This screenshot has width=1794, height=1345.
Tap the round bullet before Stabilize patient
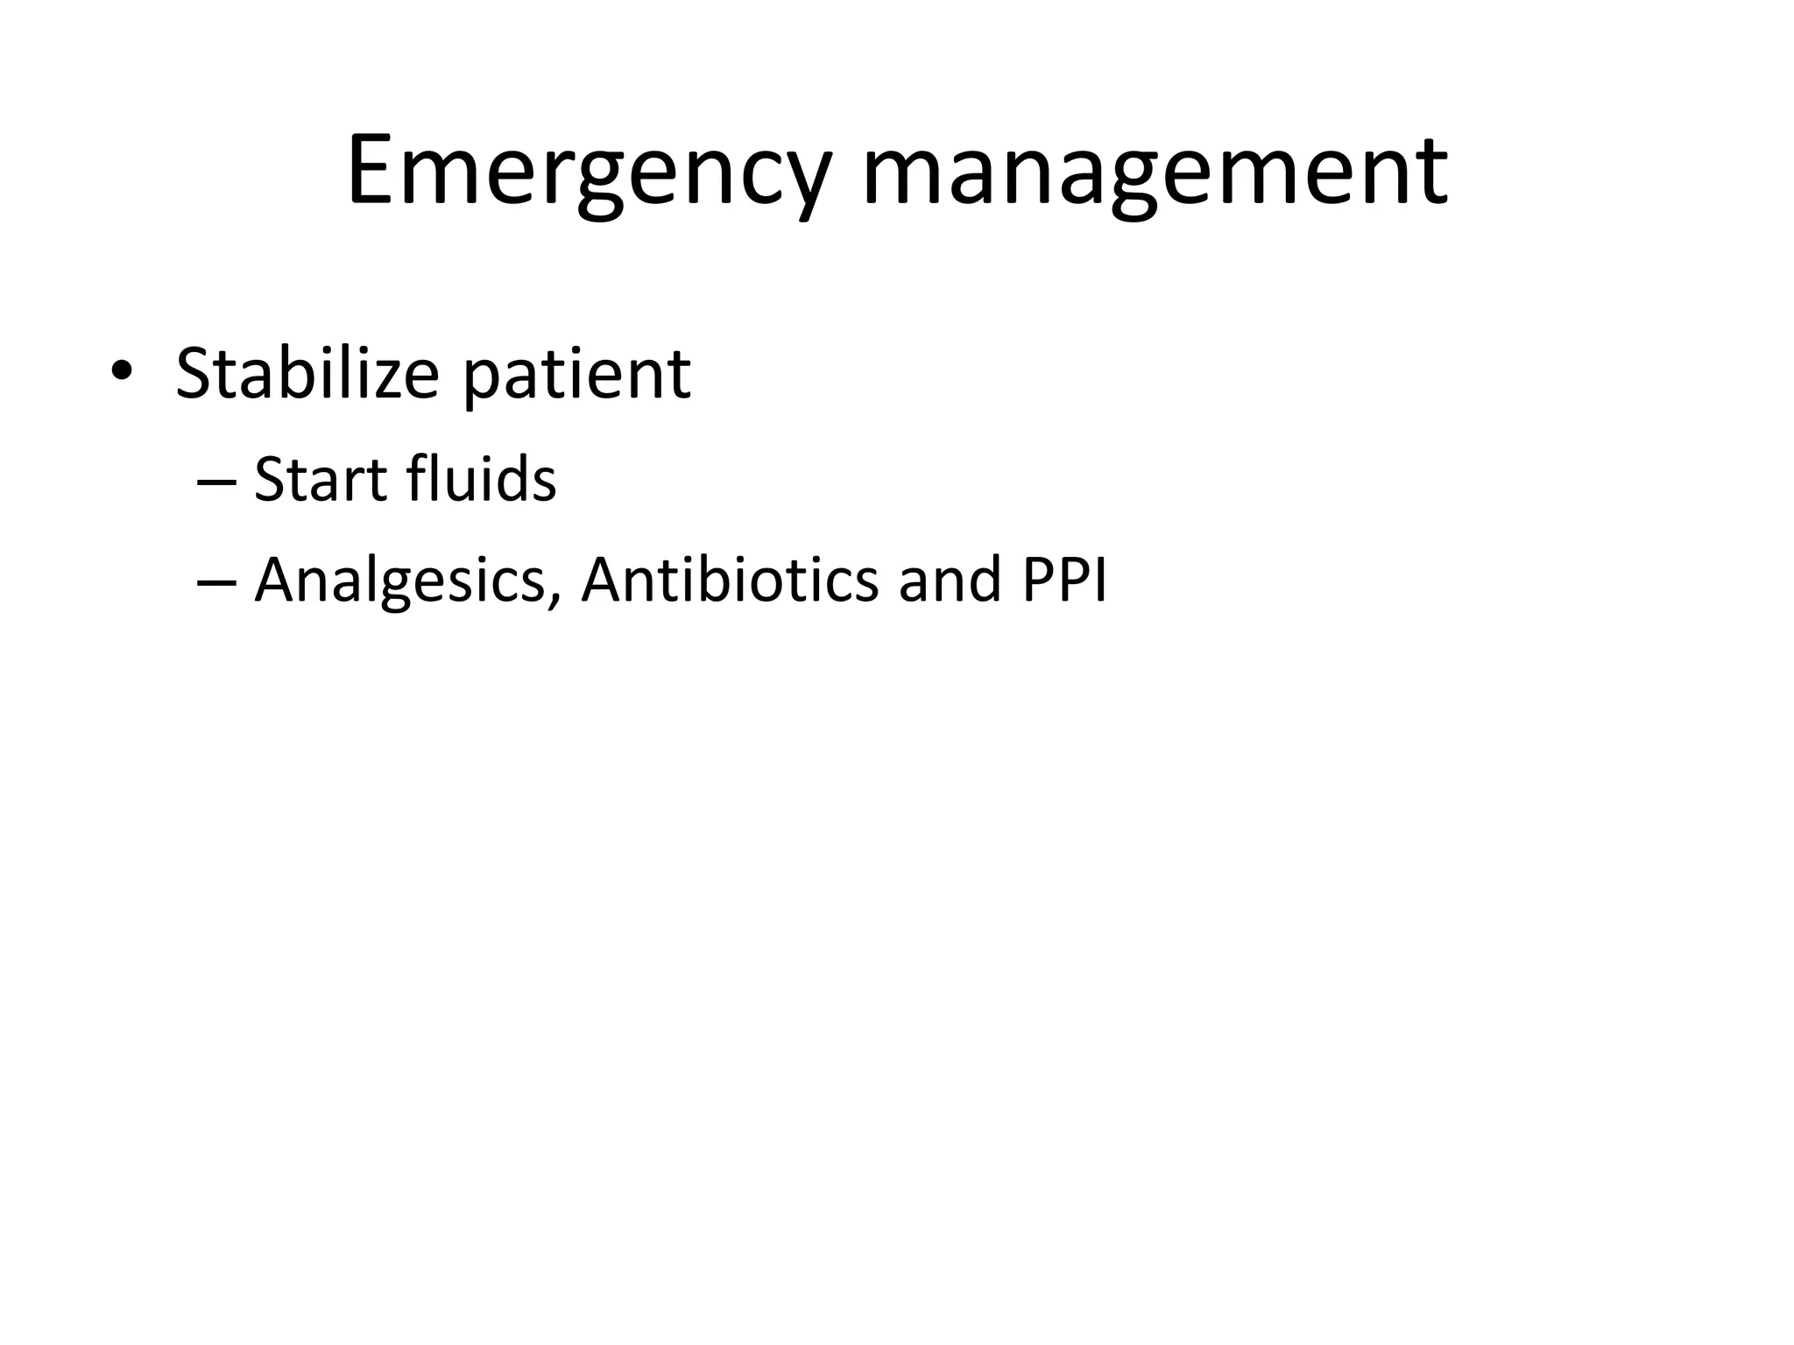(x=121, y=372)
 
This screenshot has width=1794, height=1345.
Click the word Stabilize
(x=307, y=374)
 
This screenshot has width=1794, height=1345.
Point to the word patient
(x=576, y=377)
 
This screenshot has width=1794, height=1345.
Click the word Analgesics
(x=399, y=581)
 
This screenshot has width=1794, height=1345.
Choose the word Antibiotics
(x=730, y=580)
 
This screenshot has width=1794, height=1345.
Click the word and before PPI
(x=950, y=580)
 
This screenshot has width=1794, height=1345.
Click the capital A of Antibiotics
(x=607, y=580)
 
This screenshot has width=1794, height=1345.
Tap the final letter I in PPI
(x=1100, y=580)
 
